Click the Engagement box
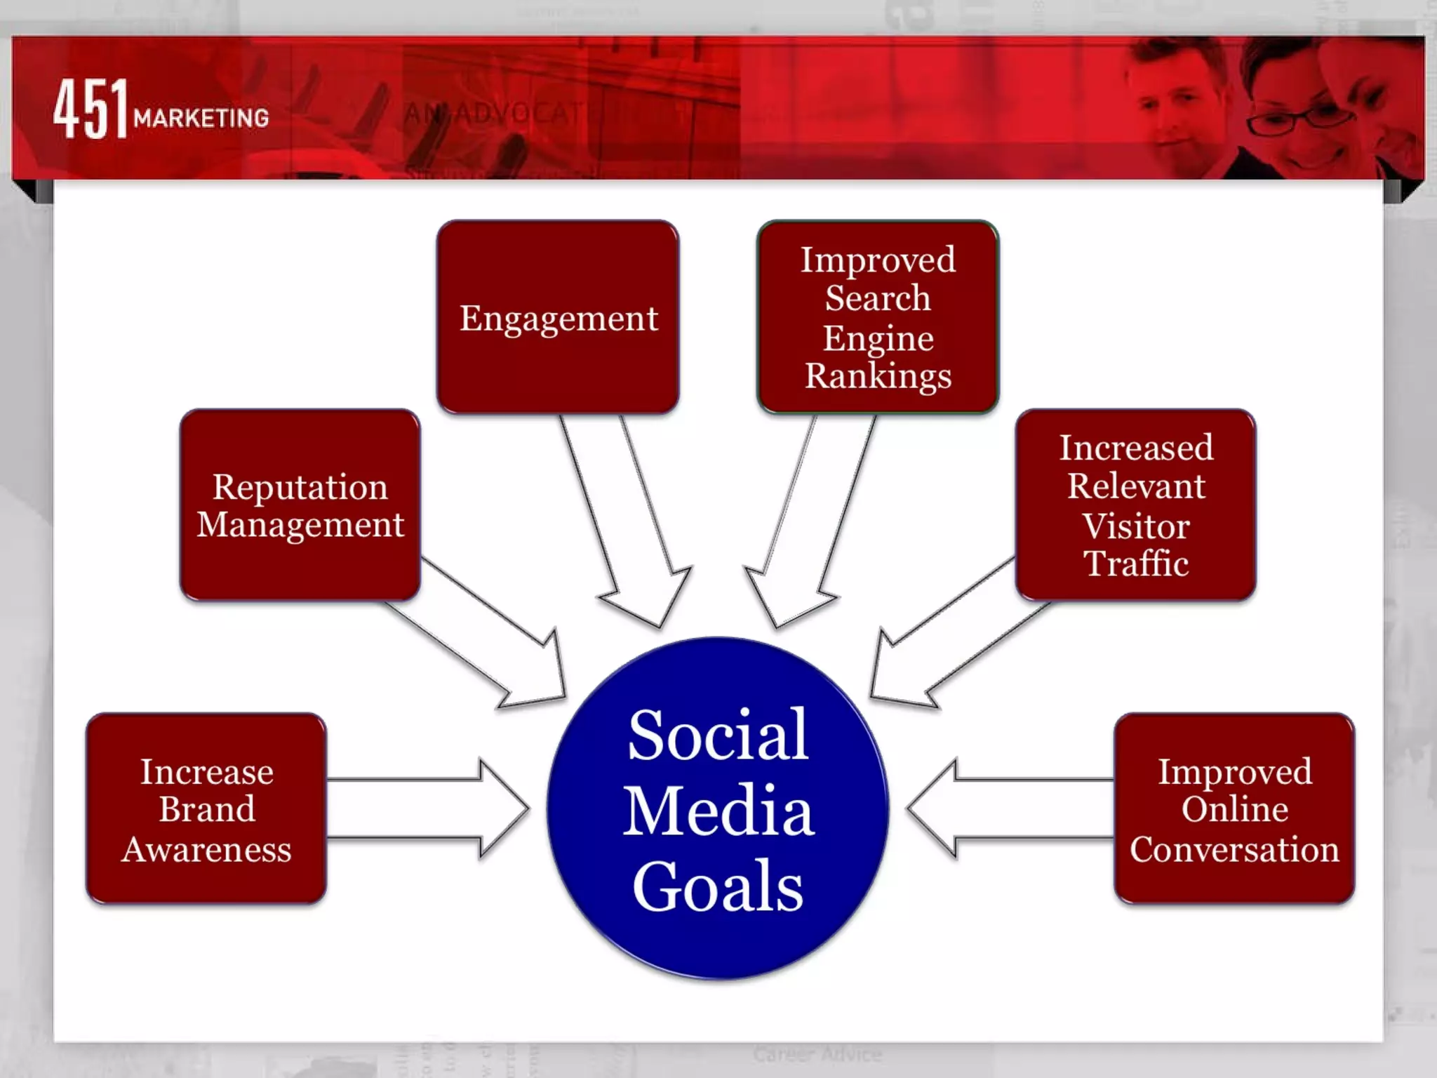tap(558, 317)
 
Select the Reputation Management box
tap(300, 505)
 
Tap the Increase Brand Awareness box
tap(206, 808)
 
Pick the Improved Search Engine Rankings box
tap(878, 317)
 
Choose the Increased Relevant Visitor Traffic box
tap(1135, 505)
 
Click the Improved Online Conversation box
tap(1234, 808)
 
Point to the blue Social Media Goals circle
tap(718, 808)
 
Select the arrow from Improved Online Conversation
tap(1010, 808)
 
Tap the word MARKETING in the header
tap(201, 118)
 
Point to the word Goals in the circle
tap(718, 886)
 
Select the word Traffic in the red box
tap(1136, 564)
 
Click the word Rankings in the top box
tap(878, 375)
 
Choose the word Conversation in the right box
tap(1234, 849)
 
